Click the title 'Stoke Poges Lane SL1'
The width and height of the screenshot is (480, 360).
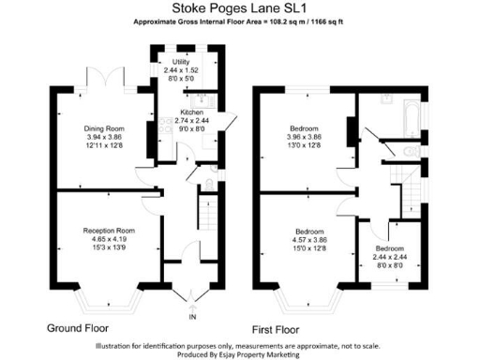click(241, 7)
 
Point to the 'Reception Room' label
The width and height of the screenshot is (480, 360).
click(109, 231)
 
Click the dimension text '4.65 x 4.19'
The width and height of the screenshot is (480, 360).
click(109, 239)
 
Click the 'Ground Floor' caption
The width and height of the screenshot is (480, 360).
click(78, 329)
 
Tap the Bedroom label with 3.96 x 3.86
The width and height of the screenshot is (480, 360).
click(306, 127)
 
